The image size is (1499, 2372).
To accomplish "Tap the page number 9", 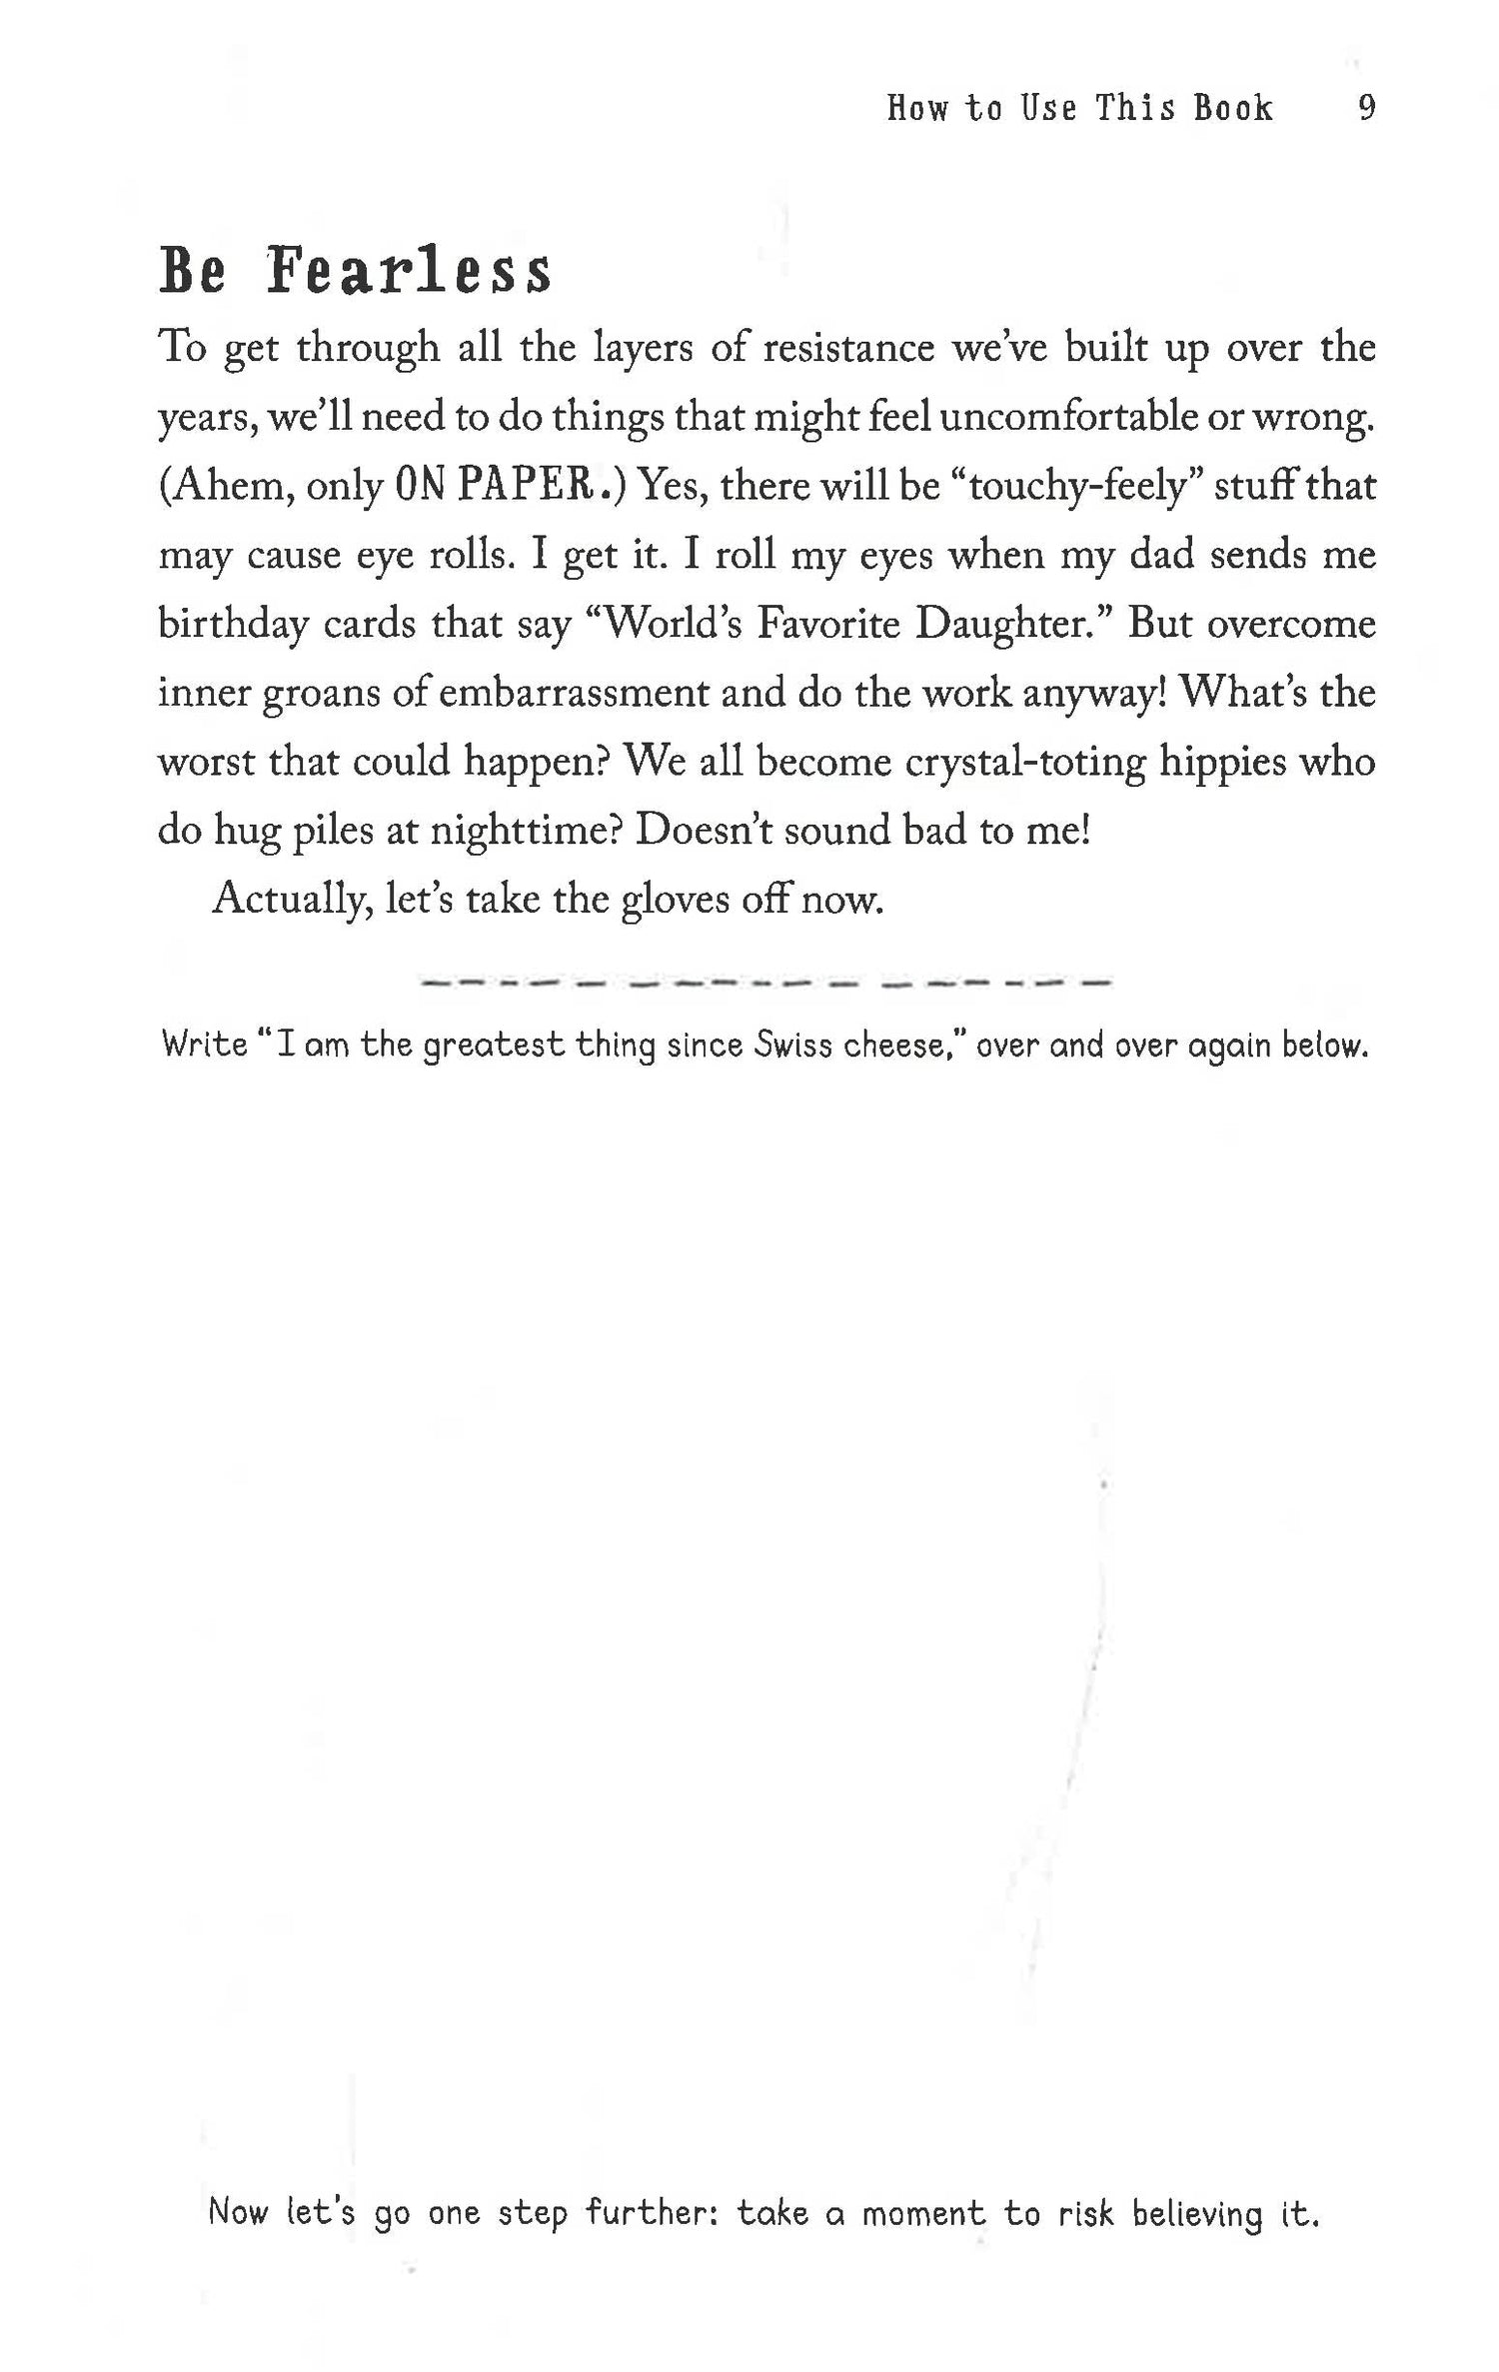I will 1367,107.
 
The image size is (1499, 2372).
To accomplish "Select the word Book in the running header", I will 1233,107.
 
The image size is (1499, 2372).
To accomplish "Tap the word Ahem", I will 227,486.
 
